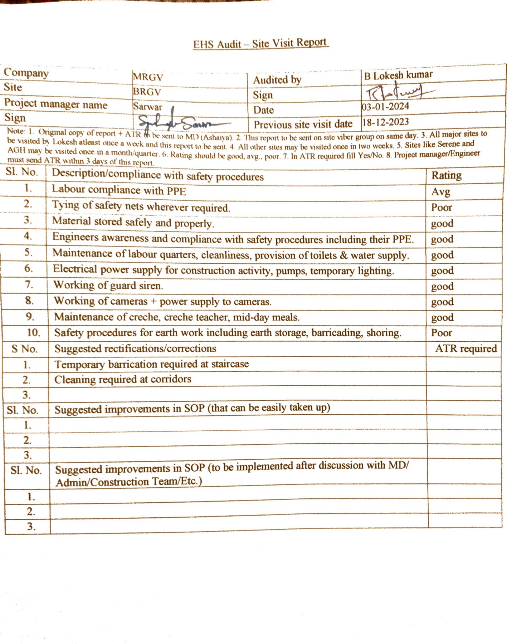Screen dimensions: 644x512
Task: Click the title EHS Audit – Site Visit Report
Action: (260, 44)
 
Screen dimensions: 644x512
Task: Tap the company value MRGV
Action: (148, 77)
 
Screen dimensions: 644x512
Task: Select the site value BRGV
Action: (147, 92)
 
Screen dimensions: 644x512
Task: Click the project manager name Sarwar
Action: (147, 107)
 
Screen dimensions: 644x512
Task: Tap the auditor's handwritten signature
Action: (395, 92)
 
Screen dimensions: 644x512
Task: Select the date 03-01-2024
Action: (385, 107)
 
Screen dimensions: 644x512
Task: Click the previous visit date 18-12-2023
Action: (385, 122)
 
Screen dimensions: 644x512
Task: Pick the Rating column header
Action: (446, 175)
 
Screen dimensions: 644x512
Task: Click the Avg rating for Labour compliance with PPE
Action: (440, 192)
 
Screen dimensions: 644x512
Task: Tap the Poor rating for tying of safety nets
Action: (442, 208)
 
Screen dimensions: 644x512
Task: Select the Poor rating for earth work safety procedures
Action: (442, 333)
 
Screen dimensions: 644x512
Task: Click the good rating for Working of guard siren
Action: (442, 286)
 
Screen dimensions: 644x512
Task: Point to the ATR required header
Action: (466, 348)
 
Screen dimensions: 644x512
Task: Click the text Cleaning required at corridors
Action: (123, 379)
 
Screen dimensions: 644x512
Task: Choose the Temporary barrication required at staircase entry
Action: (151, 364)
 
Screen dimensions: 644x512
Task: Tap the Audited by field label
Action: (277, 80)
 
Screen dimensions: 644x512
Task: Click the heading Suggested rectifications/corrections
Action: (135, 348)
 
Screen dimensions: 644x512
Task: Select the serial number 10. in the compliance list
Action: (34, 333)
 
